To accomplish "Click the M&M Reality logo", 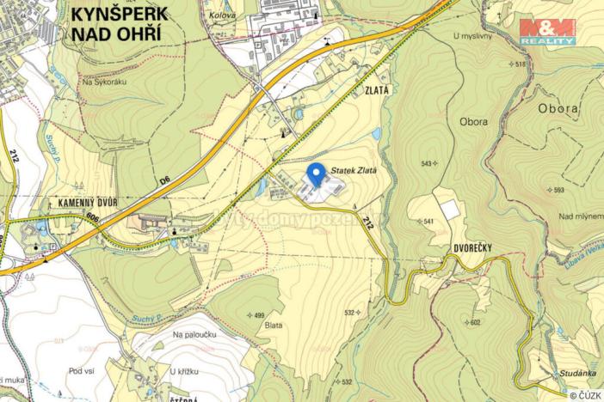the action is [x=547, y=32].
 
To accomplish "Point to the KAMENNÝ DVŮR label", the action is [x=76, y=202].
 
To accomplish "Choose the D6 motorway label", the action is [x=167, y=181].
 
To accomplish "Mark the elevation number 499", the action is [x=258, y=315].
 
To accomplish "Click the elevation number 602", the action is [x=475, y=323].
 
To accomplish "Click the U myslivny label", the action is [x=470, y=36].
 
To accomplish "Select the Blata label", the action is [x=274, y=325].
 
